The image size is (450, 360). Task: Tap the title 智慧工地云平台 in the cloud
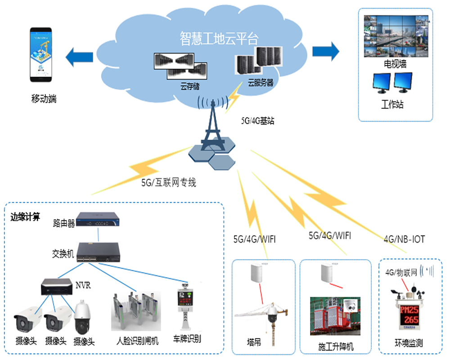219,38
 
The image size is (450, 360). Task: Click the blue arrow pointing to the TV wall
325,50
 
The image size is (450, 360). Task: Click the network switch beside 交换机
99,252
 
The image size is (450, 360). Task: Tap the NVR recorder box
57,286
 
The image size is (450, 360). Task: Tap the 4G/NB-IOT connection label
404,238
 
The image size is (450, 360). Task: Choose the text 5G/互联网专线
169,183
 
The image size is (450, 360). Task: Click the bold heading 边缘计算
25,217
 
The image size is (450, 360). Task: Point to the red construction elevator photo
335,315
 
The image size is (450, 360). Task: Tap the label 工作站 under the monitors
392,105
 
